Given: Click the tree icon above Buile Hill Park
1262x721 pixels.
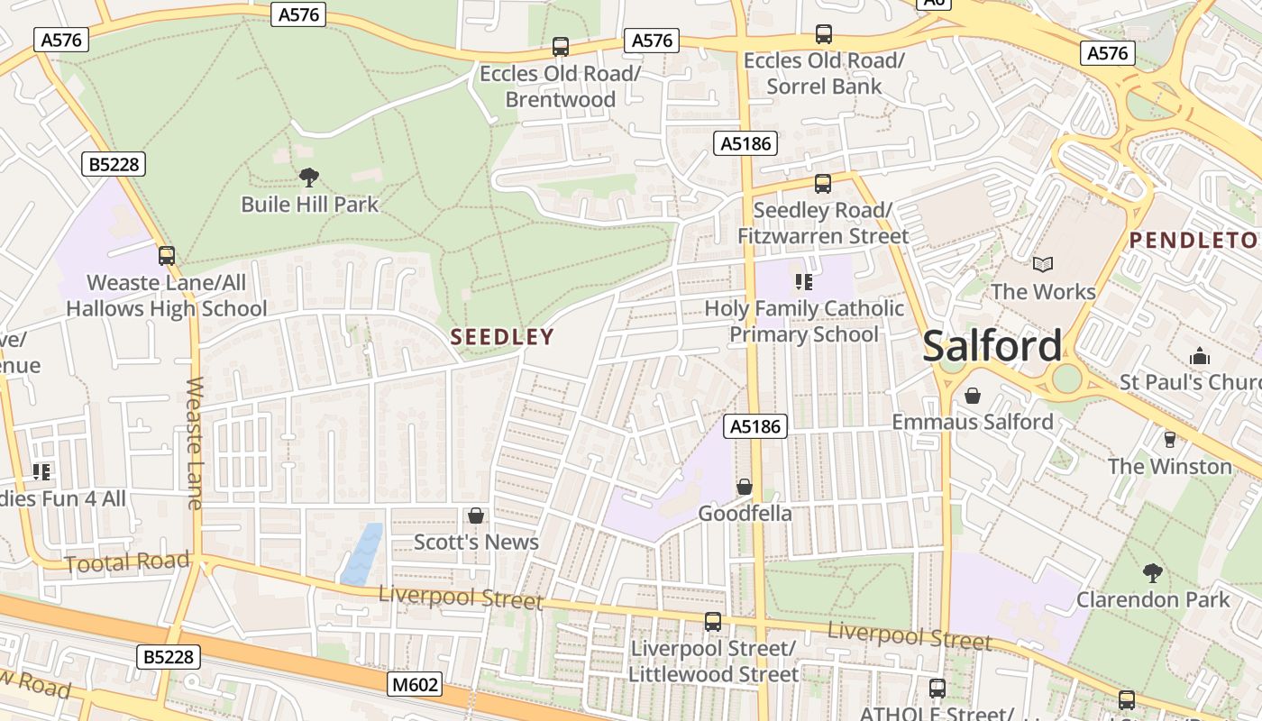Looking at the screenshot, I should (309, 177).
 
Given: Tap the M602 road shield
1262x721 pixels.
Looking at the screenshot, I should (416, 685).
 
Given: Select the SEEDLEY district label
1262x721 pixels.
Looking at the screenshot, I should (502, 337).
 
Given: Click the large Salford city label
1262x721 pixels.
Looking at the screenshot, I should (992, 346).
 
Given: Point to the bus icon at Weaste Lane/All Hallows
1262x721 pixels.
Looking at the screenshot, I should (167, 256).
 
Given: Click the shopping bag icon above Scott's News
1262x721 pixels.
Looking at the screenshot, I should (476, 516).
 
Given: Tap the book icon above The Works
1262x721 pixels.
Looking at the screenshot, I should (1043, 265).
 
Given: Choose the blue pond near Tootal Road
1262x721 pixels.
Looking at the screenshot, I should (362, 552).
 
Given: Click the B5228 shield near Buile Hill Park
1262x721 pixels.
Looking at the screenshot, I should (114, 164).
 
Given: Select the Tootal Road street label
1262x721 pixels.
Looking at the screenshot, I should (127, 563).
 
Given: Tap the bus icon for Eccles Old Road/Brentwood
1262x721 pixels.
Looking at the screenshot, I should (560, 47).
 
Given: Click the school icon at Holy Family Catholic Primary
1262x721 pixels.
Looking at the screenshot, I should (804, 282).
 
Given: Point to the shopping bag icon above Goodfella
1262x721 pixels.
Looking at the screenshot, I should (745, 487).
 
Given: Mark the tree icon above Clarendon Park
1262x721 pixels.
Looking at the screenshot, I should (1152, 572).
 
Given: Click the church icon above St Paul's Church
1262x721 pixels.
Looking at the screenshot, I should (1199, 356).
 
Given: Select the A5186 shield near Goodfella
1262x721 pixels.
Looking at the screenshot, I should (755, 426).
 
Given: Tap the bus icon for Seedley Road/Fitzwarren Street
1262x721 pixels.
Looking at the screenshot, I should (823, 184).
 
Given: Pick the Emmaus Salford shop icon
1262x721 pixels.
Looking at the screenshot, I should (973, 396).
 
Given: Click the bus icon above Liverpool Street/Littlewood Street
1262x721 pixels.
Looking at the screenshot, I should (713, 622).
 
